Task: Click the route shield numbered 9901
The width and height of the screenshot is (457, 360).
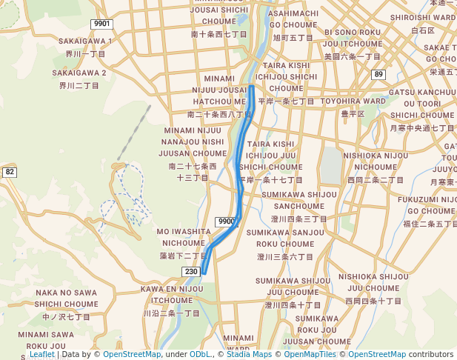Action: coord(101,24)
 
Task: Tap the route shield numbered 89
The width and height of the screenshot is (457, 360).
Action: coord(379,74)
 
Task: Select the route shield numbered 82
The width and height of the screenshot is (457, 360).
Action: coord(9,172)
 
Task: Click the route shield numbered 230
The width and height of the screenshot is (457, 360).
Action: coord(191,271)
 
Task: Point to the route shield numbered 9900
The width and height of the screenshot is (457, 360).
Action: coord(227,221)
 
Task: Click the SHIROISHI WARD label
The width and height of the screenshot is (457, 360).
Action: coord(422,17)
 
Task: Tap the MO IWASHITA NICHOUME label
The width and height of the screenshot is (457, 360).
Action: coord(184,237)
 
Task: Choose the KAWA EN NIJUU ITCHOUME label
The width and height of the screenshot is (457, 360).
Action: coord(171,294)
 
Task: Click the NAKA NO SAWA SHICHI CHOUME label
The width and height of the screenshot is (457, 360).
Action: coord(66,298)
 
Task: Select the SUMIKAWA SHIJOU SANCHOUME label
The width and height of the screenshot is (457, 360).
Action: coord(299,200)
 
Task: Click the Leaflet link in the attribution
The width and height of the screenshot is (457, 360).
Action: coord(41,354)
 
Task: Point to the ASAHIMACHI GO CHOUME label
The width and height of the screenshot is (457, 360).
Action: coord(294,19)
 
